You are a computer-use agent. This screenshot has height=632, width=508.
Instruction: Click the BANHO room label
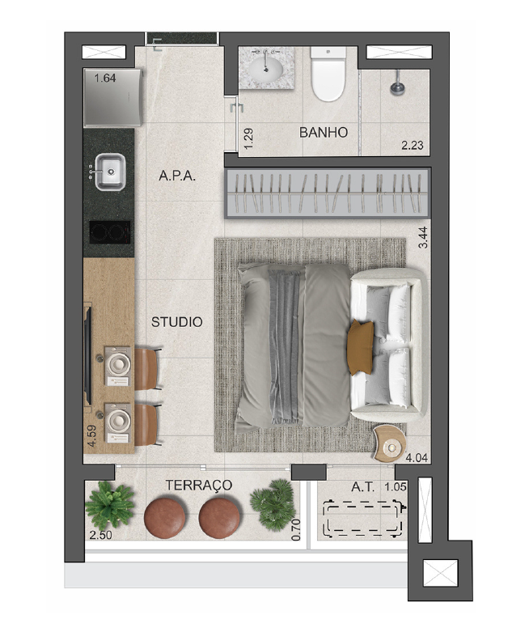click(323, 132)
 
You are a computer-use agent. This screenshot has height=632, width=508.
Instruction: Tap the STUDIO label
click(176, 321)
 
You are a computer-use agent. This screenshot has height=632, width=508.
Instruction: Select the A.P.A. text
click(177, 176)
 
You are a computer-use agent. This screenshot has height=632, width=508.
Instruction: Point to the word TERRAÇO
click(199, 485)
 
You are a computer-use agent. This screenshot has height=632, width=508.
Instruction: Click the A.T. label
click(362, 487)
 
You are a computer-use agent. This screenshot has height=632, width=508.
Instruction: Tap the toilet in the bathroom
click(328, 74)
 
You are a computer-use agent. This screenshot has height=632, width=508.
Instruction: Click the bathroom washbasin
click(266, 69)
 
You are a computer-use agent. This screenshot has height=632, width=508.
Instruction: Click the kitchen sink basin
click(110, 172)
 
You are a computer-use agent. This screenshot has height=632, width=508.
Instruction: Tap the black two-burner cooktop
click(109, 232)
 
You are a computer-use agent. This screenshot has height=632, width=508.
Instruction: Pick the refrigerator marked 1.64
click(112, 98)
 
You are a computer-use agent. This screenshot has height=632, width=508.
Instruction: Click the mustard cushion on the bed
click(361, 347)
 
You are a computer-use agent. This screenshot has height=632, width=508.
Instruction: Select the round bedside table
click(390, 443)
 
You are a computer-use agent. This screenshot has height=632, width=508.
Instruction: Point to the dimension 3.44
click(423, 238)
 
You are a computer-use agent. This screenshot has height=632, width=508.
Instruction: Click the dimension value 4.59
click(92, 435)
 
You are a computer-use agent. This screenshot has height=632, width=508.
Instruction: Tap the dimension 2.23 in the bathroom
click(412, 145)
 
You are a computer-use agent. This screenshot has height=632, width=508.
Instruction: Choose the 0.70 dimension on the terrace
click(296, 529)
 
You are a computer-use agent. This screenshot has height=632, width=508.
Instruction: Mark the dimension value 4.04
click(417, 458)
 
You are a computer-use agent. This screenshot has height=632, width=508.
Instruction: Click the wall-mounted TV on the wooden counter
click(87, 355)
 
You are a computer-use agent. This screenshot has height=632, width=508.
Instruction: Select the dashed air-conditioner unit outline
click(364, 519)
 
